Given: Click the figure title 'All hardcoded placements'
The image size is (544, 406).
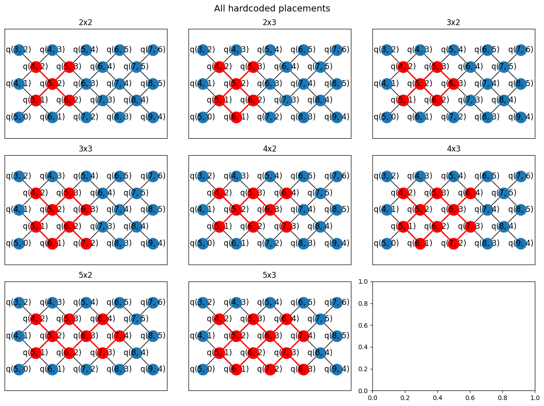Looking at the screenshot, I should pos(272,8).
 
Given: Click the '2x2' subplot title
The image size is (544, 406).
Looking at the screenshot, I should pos(86,22).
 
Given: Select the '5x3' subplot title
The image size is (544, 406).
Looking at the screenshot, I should pos(269,275).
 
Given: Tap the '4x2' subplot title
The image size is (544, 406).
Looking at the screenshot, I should pos(269,149).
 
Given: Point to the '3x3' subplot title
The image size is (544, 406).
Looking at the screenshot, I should pos(86,149).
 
